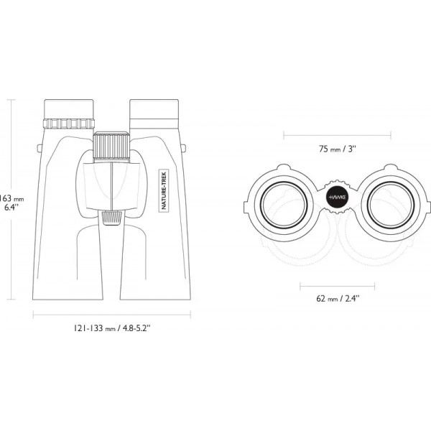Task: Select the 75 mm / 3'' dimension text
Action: tap(338, 149)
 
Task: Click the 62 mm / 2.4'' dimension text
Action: tap(338, 298)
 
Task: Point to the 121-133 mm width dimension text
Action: tap(112, 328)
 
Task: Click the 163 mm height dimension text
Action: tap(11, 203)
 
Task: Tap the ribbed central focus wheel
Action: tap(111, 147)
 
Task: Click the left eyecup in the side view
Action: tap(69, 109)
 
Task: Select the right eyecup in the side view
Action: tap(154, 109)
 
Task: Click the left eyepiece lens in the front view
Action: tap(284, 205)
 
